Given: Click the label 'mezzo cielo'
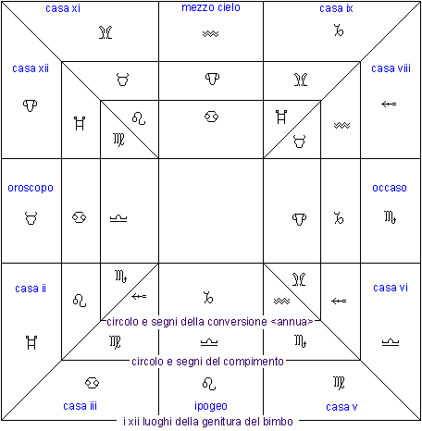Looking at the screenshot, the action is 211,7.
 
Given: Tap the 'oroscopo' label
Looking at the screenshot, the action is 31,188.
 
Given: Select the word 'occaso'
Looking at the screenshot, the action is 390,188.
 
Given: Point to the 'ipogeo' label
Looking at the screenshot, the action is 211,406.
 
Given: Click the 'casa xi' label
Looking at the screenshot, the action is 63,8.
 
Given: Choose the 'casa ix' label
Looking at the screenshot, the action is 336,8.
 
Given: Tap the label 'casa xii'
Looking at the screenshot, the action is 31,68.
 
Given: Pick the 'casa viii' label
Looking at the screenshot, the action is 391,68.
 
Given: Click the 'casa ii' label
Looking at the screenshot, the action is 31,289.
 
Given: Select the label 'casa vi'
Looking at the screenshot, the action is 391,288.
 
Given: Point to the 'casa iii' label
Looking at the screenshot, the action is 80,406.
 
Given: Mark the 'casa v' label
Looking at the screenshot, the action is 341,407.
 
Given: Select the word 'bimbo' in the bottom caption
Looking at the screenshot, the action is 278,421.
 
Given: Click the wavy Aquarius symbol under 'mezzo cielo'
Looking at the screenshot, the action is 211,33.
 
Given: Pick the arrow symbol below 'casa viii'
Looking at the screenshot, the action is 389,104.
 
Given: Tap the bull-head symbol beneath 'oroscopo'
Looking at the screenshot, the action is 31,218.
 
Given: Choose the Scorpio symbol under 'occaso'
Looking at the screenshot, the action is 391,217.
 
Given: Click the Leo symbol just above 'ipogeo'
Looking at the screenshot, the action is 209,384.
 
